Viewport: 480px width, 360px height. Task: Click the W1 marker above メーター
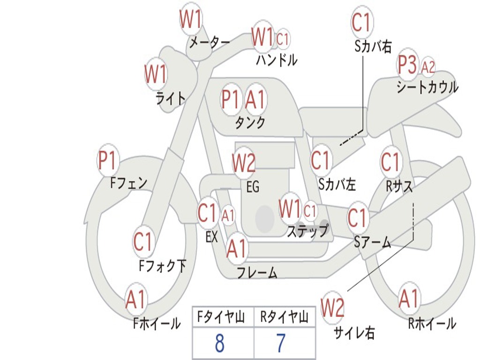click(x=190, y=19)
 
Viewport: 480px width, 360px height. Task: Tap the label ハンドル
click(x=277, y=60)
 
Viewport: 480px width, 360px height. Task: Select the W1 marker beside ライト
click(x=156, y=74)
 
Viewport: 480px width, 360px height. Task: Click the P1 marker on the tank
click(x=230, y=99)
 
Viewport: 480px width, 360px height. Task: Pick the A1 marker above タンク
click(x=255, y=99)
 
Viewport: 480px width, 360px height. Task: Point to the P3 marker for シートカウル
click(x=407, y=65)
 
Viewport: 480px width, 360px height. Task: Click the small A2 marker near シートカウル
click(x=428, y=67)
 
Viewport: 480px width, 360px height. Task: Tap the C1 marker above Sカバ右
click(x=362, y=22)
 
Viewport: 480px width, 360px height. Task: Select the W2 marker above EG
click(x=244, y=162)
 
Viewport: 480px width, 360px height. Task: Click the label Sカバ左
click(x=337, y=184)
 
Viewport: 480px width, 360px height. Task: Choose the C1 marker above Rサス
click(x=390, y=161)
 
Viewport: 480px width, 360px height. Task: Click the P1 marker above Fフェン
click(x=108, y=160)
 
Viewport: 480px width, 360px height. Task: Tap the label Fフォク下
click(x=162, y=265)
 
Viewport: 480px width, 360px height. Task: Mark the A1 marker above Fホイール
click(x=135, y=299)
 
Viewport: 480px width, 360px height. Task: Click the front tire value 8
click(x=220, y=343)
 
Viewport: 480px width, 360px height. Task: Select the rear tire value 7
click(x=281, y=343)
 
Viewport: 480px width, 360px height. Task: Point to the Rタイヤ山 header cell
click(x=285, y=316)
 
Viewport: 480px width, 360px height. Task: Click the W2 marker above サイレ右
click(x=332, y=307)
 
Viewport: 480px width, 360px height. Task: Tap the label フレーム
click(x=257, y=273)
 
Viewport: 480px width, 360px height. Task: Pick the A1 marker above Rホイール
click(x=409, y=299)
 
